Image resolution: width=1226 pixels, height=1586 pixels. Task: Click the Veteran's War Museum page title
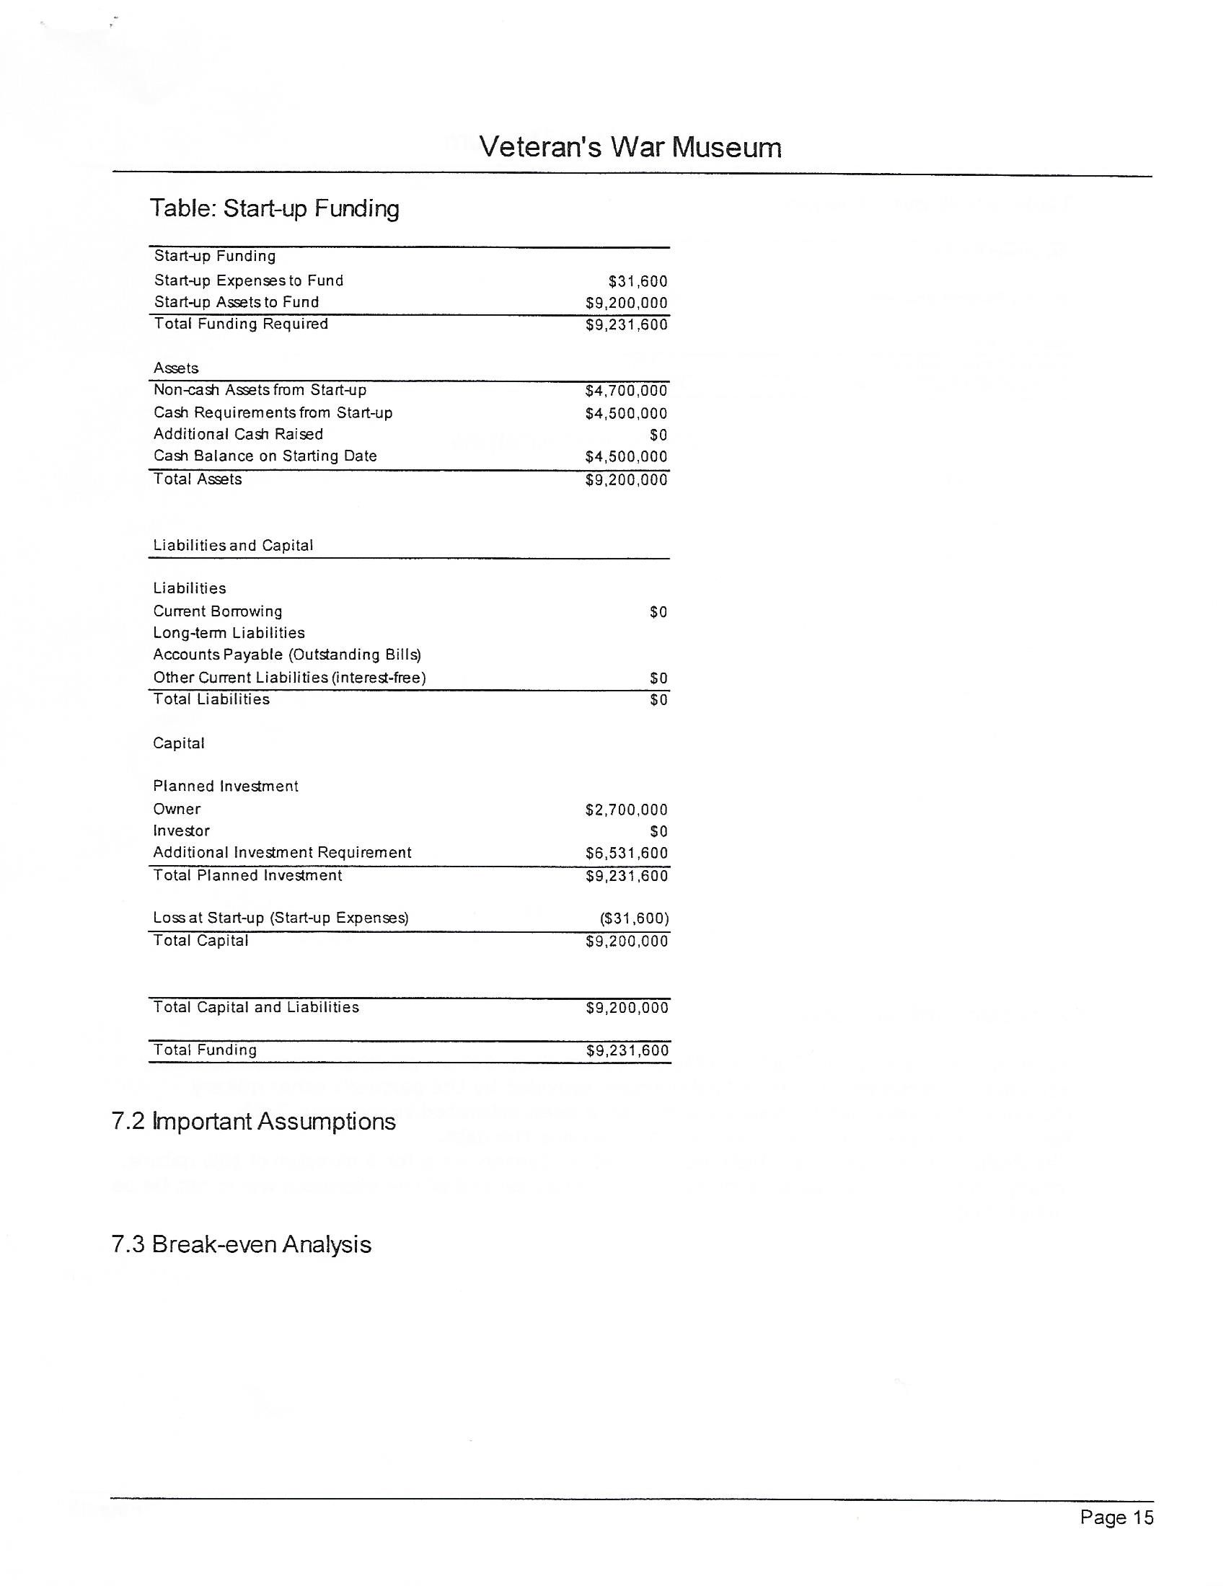pyautogui.click(x=630, y=147)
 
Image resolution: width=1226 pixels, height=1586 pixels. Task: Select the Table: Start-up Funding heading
pyautogui.click(x=274, y=208)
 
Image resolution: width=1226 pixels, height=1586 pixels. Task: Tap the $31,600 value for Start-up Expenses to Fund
pyautogui.click(x=638, y=281)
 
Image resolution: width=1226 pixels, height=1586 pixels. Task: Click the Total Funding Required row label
pyautogui.click(x=240, y=324)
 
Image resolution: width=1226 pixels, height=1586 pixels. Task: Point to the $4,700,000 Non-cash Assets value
pyautogui.click(x=625, y=391)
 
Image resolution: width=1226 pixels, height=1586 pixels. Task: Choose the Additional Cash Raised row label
pyautogui.click(x=237, y=434)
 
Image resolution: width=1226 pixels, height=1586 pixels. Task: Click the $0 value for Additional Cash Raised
pyautogui.click(x=658, y=435)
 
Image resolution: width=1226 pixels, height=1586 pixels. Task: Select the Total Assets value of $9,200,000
pyautogui.click(x=625, y=479)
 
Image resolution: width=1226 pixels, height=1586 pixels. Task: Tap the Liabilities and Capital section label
pyautogui.click(x=232, y=546)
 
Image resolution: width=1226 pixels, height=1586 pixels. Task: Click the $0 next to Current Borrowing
pyautogui.click(x=658, y=612)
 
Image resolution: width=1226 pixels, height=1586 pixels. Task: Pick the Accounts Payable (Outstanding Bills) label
pyautogui.click(x=287, y=655)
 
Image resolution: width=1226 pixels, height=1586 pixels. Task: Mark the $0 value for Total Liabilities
pyautogui.click(x=658, y=699)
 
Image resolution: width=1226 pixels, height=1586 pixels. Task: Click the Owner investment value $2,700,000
pyautogui.click(x=626, y=810)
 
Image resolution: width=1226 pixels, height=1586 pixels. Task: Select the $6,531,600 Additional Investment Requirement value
pyautogui.click(x=626, y=854)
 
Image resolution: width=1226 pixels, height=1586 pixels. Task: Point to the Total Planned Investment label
pyautogui.click(x=247, y=875)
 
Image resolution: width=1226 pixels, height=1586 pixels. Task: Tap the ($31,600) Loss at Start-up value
pyautogui.click(x=634, y=918)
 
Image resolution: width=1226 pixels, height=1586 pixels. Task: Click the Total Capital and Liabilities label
pyautogui.click(x=256, y=1007)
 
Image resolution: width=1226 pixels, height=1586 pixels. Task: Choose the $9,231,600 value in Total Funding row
pyautogui.click(x=627, y=1051)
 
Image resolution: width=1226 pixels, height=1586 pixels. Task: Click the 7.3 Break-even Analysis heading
pyautogui.click(x=241, y=1244)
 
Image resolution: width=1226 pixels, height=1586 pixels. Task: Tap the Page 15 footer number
pyautogui.click(x=1116, y=1517)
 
